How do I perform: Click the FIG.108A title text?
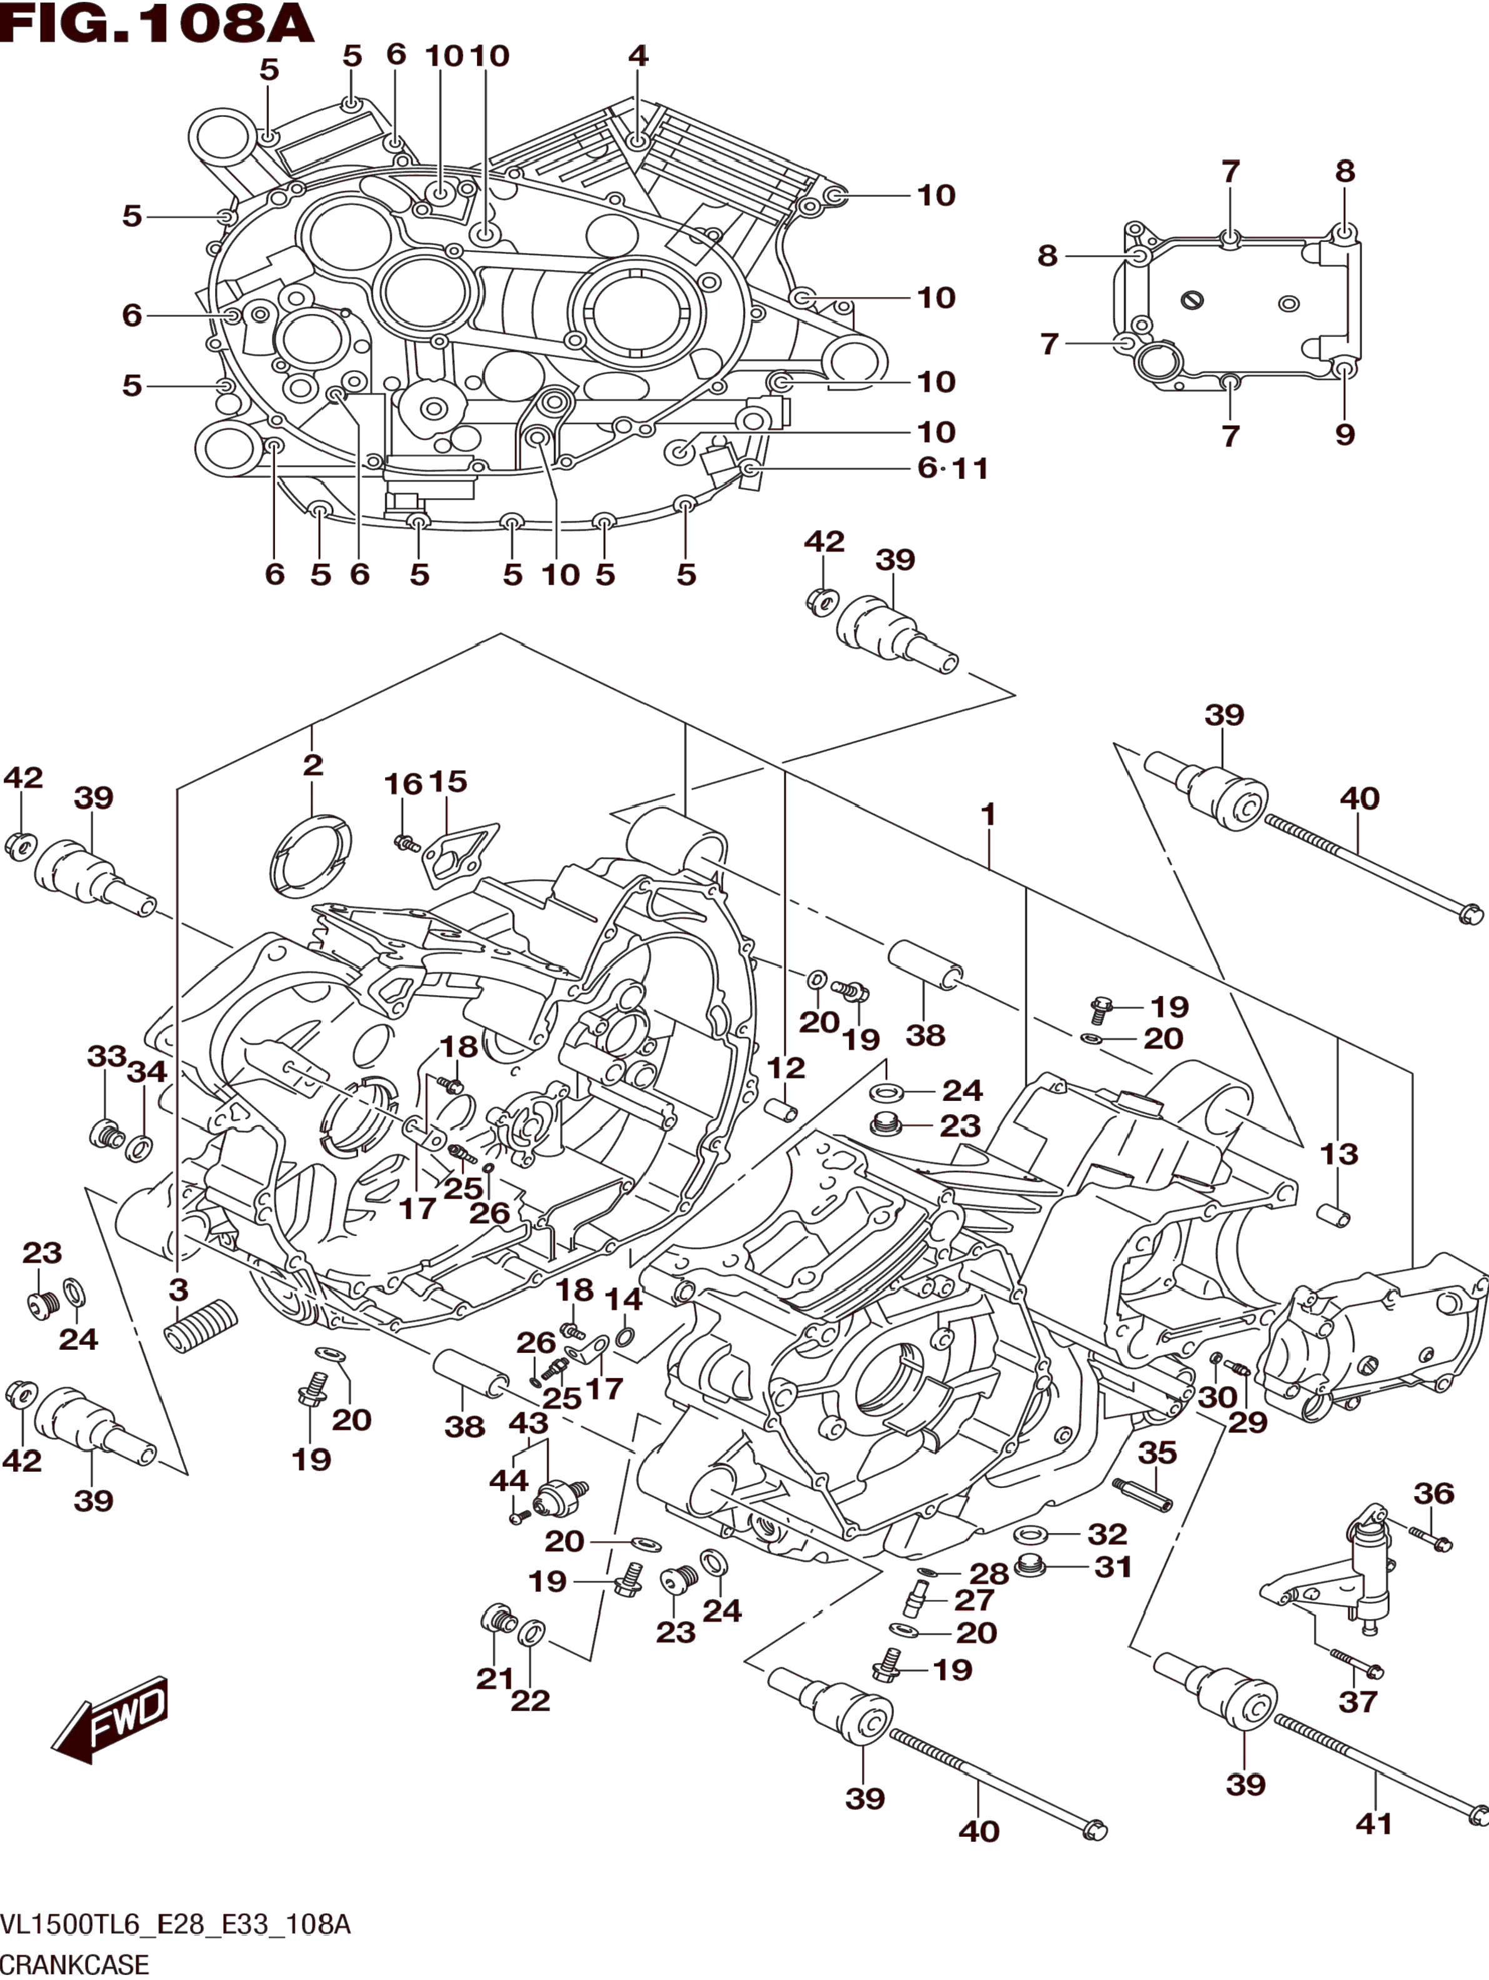(x=158, y=25)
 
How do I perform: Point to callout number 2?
(x=313, y=765)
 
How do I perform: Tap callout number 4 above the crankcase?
(x=637, y=56)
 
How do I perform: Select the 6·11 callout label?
(x=953, y=468)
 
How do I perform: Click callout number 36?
(x=1435, y=1493)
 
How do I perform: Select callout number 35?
(x=1157, y=1452)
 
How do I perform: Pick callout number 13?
(x=1339, y=1154)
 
